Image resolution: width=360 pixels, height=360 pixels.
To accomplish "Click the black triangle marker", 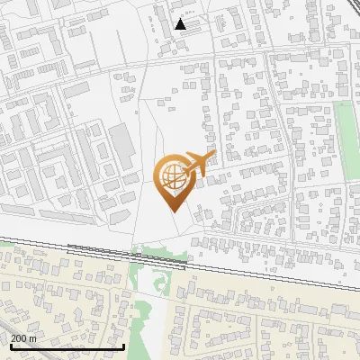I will (x=181, y=24).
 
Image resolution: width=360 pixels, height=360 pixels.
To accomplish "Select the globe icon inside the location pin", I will (x=172, y=176).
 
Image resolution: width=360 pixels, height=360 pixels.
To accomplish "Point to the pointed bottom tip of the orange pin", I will (x=172, y=209).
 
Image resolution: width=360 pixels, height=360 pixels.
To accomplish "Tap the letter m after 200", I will (x=34, y=338).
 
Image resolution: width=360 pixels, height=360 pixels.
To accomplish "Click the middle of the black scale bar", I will (x=67, y=346).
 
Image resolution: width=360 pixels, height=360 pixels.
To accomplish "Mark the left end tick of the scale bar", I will (x=11, y=346).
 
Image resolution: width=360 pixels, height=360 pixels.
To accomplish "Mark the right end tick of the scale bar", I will (x=123, y=346).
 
